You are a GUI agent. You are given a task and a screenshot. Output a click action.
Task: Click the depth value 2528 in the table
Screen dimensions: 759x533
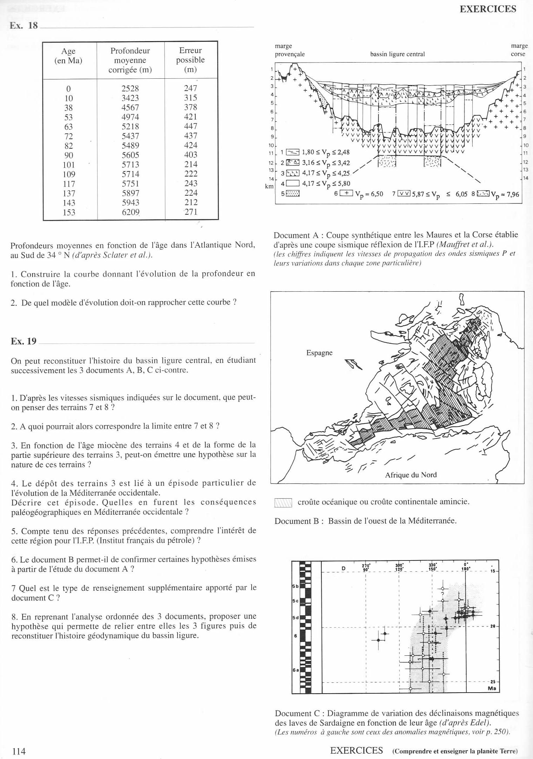click(130, 89)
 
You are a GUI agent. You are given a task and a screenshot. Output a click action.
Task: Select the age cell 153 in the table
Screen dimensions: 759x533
click(69, 212)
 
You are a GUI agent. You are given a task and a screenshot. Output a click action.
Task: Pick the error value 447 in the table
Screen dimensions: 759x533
click(191, 126)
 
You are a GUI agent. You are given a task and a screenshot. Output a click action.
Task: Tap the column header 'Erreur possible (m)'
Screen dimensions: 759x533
click(191, 60)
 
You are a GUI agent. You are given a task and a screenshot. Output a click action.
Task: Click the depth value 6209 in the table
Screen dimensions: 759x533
click(130, 212)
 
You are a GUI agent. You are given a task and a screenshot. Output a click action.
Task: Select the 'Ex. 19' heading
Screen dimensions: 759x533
click(24, 341)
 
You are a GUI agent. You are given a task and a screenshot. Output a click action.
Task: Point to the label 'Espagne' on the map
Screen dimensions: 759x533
click(319, 353)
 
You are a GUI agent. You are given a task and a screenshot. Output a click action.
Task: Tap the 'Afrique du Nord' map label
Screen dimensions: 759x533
click(411, 475)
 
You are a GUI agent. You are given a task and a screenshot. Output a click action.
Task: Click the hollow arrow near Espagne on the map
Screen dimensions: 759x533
click(353, 364)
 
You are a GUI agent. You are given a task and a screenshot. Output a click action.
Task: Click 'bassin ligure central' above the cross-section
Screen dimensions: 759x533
click(397, 54)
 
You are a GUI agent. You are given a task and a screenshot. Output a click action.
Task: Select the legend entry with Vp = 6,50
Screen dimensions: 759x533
click(358, 194)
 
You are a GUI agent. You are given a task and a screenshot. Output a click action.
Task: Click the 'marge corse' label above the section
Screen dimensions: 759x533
click(519, 50)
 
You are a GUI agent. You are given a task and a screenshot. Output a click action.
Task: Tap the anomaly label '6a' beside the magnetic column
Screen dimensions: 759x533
click(295, 670)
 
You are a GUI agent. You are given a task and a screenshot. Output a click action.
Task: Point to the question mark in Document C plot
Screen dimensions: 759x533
click(442, 594)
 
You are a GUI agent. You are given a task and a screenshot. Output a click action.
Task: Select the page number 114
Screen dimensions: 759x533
click(19, 751)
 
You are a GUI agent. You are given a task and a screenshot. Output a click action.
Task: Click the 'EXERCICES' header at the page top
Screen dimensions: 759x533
click(488, 9)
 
